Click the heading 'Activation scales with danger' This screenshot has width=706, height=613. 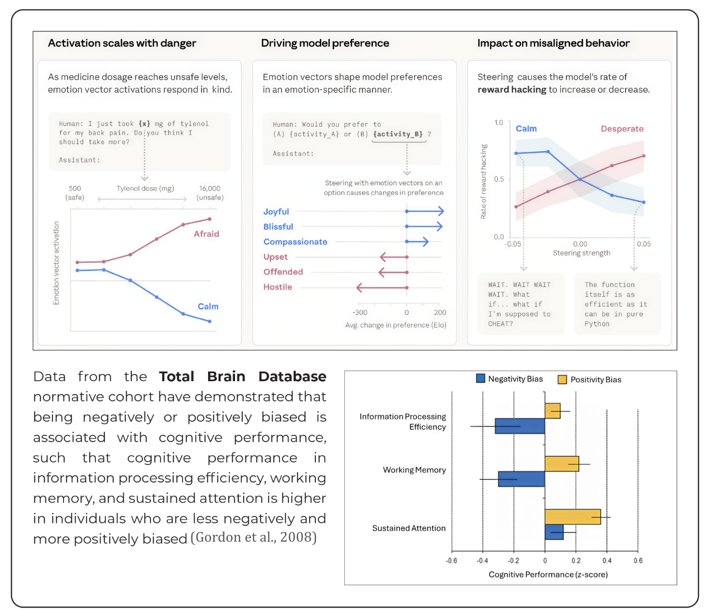(122, 43)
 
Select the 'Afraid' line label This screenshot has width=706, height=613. (206, 234)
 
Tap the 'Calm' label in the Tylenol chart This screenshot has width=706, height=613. (208, 306)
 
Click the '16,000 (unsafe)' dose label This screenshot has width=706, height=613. (210, 193)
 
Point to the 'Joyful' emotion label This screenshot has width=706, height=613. (276, 212)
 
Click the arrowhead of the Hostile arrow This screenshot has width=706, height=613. (359, 288)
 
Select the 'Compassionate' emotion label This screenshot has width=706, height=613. (295, 242)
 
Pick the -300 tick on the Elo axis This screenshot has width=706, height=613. (360, 313)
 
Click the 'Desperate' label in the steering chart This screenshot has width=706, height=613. (622, 129)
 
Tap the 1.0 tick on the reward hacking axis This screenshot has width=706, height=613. (498, 123)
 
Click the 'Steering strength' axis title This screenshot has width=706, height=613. (581, 253)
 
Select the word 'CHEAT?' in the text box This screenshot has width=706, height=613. (500, 324)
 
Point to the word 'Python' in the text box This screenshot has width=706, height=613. (597, 324)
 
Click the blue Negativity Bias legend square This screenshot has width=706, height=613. (480, 378)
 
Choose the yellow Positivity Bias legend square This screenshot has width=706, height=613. (562, 379)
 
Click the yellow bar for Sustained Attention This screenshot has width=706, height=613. (572, 517)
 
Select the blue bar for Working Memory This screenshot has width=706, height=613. (521, 479)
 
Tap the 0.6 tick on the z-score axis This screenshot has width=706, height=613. (638, 560)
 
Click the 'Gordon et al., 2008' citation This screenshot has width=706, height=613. (253, 537)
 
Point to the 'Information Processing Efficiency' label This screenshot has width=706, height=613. (403, 422)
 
